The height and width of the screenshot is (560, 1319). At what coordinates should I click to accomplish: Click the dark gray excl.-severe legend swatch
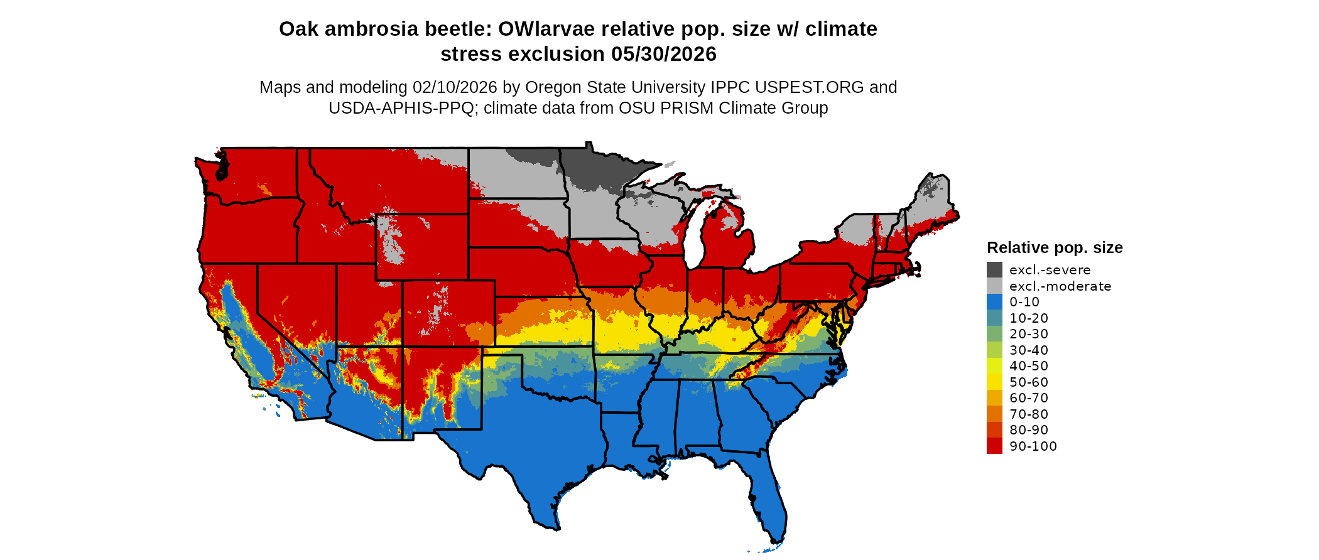tap(994, 270)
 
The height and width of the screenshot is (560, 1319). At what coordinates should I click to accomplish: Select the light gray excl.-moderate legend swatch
tap(994, 286)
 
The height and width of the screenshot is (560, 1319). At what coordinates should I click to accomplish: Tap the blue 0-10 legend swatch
tap(994, 302)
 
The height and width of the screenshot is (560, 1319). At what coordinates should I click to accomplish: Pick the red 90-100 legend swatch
tap(994, 446)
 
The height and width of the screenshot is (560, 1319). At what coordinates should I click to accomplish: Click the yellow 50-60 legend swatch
tap(994, 382)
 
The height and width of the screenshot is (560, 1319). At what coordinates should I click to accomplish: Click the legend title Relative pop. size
tap(1055, 247)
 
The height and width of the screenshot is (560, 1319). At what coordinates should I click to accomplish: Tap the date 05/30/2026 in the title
tap(663, 55)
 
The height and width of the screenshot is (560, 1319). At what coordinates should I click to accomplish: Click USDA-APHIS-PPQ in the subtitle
tap(401, 108)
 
